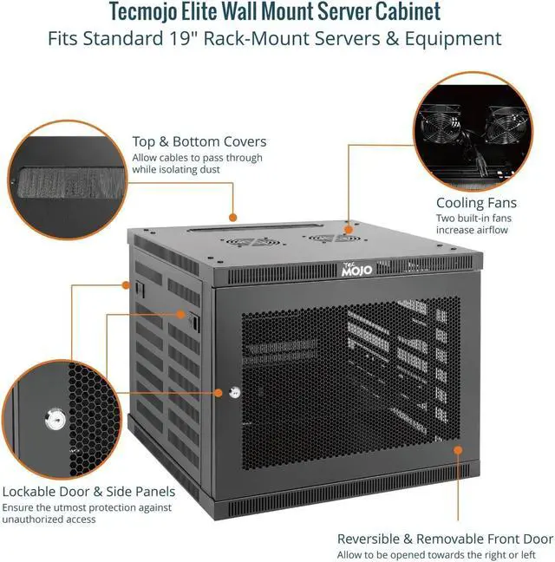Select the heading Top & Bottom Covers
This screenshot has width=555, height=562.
click(199, 141)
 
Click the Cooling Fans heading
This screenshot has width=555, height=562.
click(476, 203)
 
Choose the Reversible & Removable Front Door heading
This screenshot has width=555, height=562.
click(445, 539)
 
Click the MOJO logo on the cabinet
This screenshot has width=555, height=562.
click(356, 269)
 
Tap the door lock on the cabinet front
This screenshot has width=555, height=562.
click(234, 392)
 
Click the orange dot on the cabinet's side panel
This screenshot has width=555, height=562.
click(180, 315)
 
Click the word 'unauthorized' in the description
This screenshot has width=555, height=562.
click(36, 520)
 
